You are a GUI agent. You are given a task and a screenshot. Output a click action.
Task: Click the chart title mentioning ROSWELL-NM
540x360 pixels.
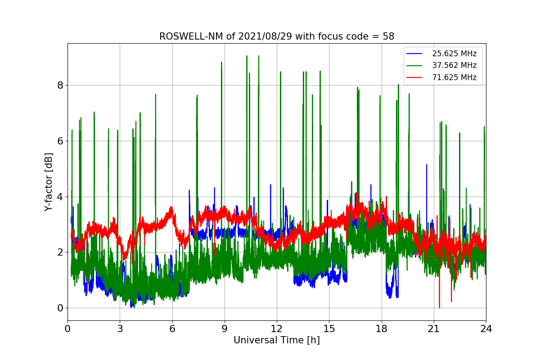[277, 36]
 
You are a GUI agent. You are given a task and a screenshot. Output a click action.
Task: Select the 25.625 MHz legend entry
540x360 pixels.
[454, 54]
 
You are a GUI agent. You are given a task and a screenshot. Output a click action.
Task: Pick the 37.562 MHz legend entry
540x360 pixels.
[454, 66]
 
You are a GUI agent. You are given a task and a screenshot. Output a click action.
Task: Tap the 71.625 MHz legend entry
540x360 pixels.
[454, 77]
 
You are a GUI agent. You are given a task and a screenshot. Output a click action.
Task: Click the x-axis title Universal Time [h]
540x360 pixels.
[276, 341]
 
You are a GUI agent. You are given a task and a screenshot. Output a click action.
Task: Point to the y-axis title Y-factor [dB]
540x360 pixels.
[49, 182]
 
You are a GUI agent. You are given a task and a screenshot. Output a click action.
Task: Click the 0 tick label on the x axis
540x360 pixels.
[67, 329]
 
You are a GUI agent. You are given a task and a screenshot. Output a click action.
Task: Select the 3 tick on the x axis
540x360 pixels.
[120, 329]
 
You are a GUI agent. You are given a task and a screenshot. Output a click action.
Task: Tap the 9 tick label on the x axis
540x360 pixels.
[225, 329]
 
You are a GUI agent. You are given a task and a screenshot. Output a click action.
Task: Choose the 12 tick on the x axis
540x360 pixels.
[277, 329]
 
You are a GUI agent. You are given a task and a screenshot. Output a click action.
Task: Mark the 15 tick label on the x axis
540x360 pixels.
[329, 329]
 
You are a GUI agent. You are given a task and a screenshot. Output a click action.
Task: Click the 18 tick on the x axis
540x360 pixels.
[381, 329]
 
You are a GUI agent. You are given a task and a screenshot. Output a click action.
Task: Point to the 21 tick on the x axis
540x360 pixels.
[434, 329]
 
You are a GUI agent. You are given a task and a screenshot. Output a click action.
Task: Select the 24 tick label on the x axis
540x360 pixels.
[486, 329]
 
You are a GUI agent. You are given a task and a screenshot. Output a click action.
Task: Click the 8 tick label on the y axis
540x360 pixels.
[60, 85]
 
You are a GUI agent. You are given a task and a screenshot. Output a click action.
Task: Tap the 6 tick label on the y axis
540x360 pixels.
[60, 141]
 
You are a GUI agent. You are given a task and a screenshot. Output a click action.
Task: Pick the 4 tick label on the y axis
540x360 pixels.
[60, 197]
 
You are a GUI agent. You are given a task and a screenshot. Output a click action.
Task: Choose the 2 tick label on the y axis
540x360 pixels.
[60, 252]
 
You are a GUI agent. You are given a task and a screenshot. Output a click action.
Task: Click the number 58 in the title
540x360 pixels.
[388, 36]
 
